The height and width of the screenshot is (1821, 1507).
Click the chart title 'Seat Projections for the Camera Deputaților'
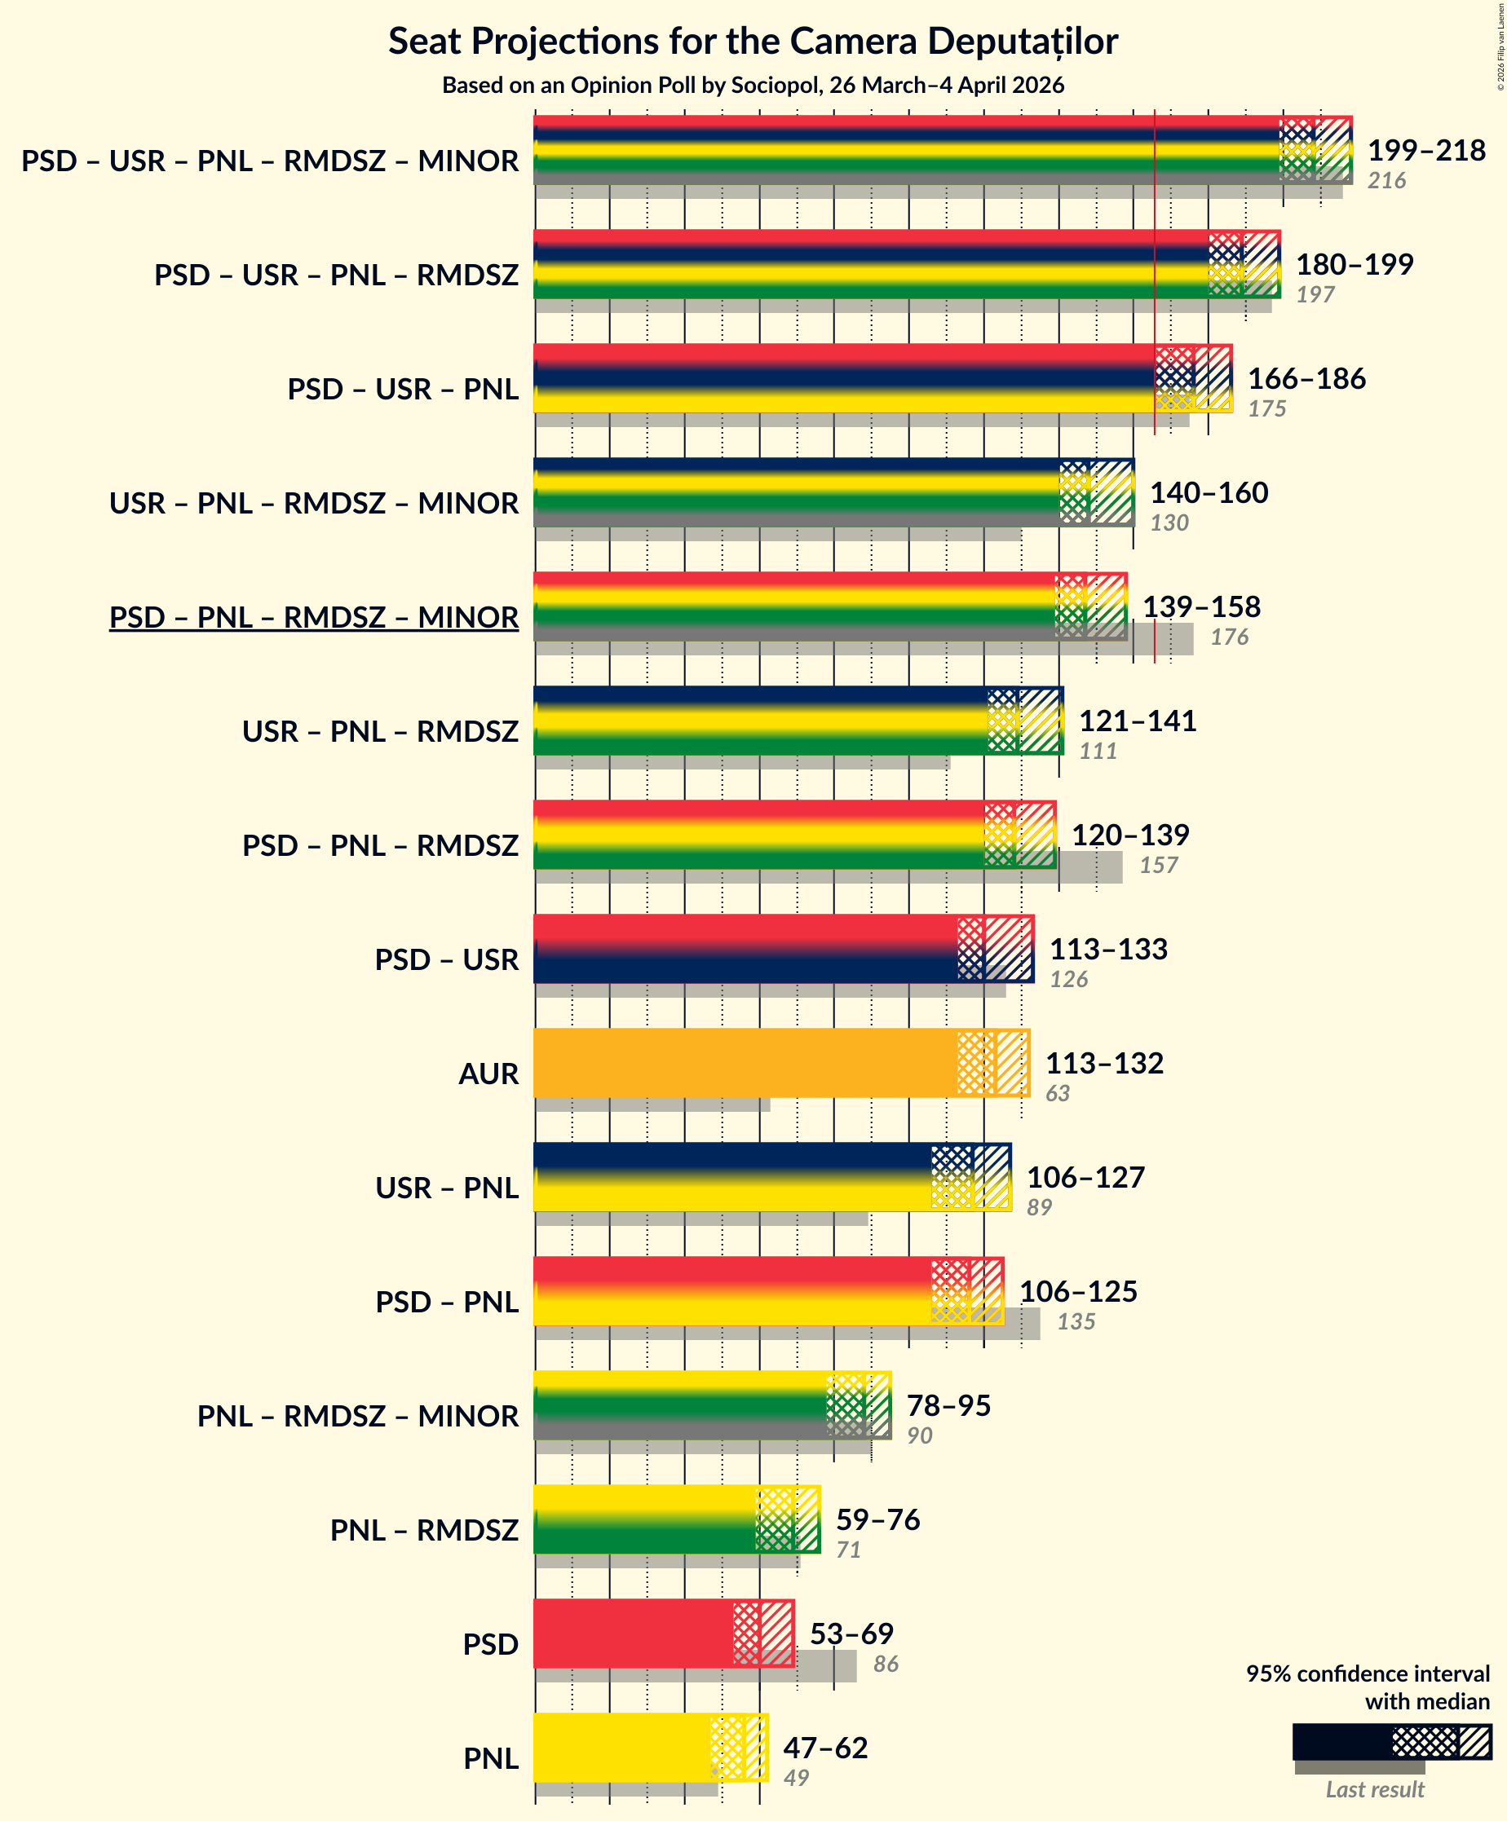click(x=752, y=41)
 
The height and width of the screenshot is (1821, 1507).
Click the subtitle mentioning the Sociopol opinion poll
click(x=752, y=85)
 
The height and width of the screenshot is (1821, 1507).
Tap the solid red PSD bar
click(x=633, y=1633)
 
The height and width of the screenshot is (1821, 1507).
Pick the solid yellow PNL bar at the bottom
click(x=621, y=1748)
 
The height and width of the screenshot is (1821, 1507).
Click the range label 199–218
click(x=1426, y=150)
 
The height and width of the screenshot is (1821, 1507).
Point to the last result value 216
click(x=1386, y=180)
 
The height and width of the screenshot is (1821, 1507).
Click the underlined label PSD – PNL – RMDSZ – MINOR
click(x=314, y=617)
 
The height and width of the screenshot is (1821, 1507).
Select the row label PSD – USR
click(x=447, y=960)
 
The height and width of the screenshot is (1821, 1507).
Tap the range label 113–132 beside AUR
click(x=1103, y=1062)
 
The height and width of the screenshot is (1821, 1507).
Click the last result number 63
click(x=1057, y=1092)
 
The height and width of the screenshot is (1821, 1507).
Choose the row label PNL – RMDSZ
click(x=424, y=1531)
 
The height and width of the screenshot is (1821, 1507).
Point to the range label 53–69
click(x=851, y=1633)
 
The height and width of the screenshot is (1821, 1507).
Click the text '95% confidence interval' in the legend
click(x=1368, y=1673)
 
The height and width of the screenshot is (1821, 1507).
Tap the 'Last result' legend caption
click(x=1374, y=1789)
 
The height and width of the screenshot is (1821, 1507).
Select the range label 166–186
click(x=1306, y=378)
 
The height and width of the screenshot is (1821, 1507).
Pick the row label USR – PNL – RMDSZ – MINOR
click(x=314, y=503)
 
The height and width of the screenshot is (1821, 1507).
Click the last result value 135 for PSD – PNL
click(x=1076, y=1321)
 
